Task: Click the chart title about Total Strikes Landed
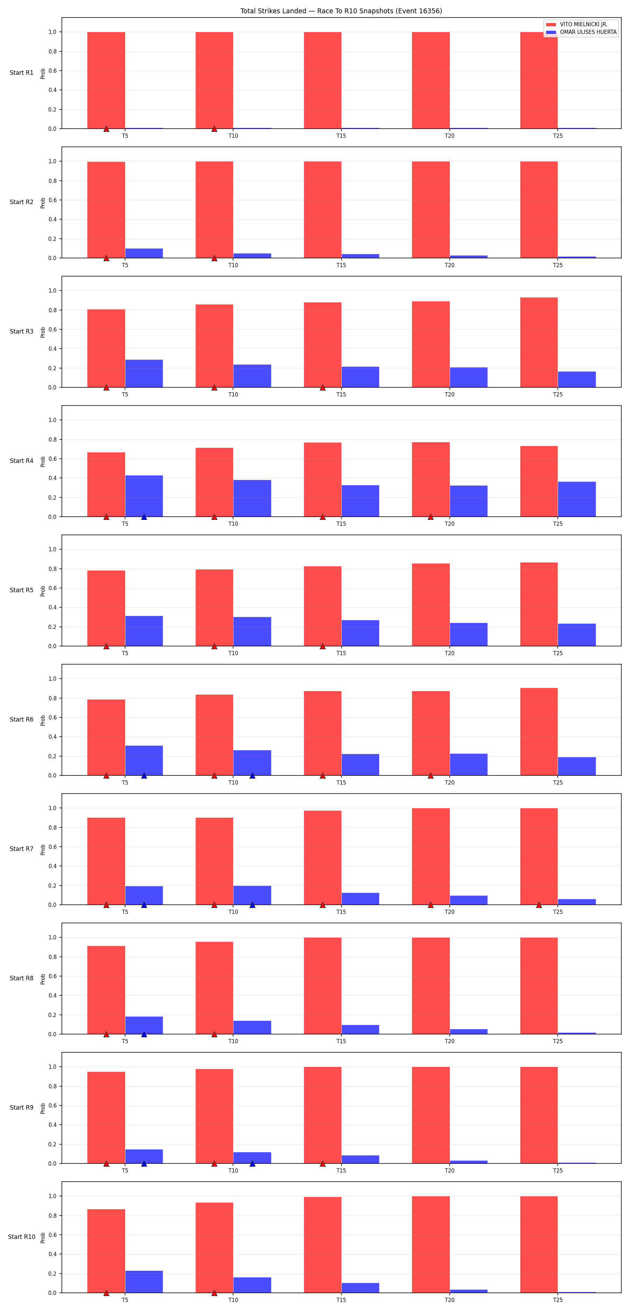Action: [341, 11]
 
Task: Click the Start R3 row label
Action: [21, 331]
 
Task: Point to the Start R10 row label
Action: [21, 1237]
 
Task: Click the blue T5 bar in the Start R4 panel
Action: [144, 496]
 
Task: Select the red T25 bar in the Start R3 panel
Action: [539, 343]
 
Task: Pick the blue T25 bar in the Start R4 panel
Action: [577, 499]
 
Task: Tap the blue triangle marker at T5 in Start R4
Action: [144, 517]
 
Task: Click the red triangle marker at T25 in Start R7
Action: [539, 905]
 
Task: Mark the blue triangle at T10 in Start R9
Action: [252, 1163]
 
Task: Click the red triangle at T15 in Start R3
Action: [323, 388]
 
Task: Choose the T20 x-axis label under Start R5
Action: [449, 653]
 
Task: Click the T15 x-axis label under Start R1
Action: [341, 136]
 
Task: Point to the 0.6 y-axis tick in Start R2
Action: [52, 200]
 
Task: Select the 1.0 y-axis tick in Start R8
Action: [52, 937]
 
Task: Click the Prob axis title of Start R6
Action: [43, 719]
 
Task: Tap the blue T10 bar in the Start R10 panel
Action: [252, 1285]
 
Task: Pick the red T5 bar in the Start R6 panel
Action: [106, 737]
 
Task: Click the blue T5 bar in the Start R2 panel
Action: [144, 253]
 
